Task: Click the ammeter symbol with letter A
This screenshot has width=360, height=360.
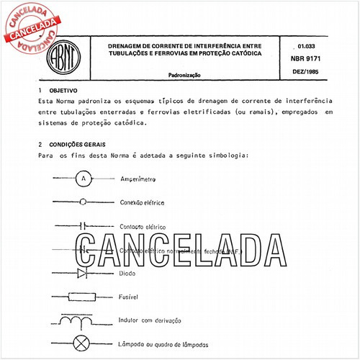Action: [x=84, y=178]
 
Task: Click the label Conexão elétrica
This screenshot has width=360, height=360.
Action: [x=144, y=202]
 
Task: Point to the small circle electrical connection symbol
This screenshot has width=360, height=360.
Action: [x=84, y=202]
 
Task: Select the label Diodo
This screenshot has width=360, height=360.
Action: [x=127, y=274]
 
